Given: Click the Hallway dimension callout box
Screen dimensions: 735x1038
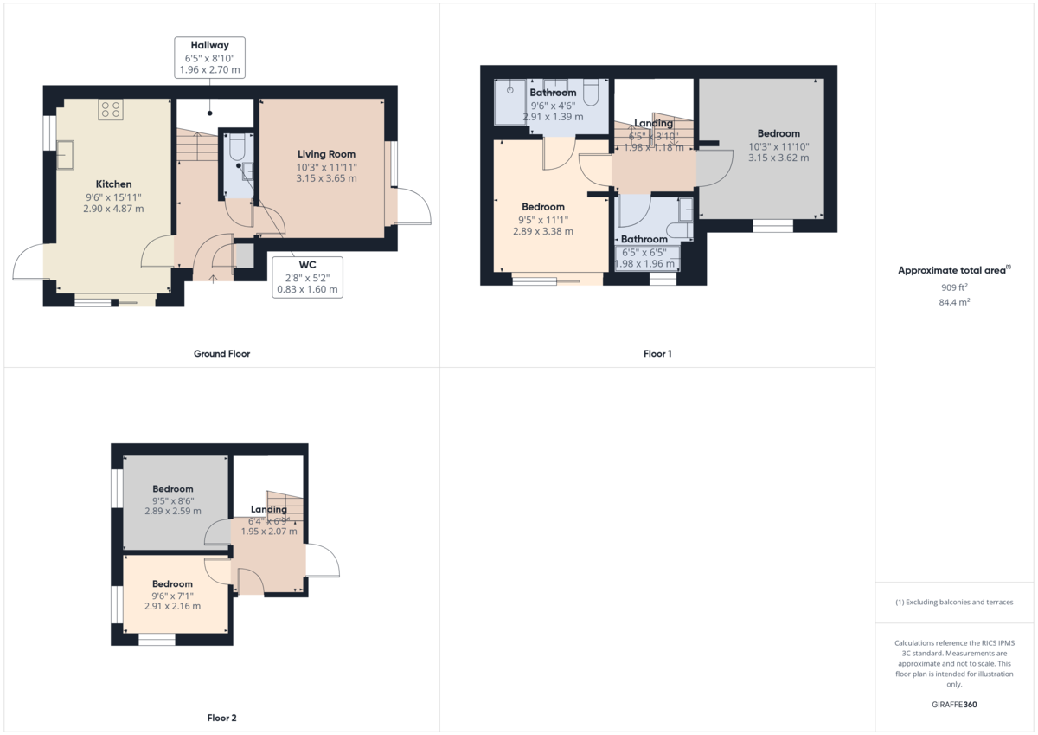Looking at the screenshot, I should tap(209, 57).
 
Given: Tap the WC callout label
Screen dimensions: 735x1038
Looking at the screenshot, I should tap(307, 276).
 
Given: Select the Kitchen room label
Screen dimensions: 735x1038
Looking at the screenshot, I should tap(113, 184).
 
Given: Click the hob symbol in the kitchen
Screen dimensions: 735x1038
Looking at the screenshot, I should tap(111, 109).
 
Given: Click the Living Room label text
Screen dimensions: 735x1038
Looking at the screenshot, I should tap(326, 154).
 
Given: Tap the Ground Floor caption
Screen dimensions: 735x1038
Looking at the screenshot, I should tap(221, 353).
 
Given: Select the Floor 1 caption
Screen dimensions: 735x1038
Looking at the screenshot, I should tap(657, 353).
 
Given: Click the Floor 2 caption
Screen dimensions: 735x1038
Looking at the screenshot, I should tap(221, 718).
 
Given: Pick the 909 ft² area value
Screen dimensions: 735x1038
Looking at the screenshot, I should tap(954, 287).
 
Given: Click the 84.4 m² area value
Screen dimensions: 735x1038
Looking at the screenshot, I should tap(954, 302).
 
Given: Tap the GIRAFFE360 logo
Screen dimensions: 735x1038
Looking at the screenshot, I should tap(954, 705).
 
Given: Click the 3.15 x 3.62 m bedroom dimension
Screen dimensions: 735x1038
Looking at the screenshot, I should tap(778, 158).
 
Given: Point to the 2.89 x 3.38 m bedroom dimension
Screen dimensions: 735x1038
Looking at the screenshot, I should tap(542, 231).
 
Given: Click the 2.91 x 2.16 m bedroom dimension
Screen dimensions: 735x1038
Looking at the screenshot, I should tap(172, 606).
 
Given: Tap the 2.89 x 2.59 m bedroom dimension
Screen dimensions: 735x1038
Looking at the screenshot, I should tap(172, 511).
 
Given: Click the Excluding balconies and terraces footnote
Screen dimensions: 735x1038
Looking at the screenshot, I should tap(954, 602).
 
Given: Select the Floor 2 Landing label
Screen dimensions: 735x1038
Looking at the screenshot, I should tap(269, 509).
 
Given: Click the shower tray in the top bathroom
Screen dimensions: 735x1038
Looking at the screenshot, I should tap(510, 101).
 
